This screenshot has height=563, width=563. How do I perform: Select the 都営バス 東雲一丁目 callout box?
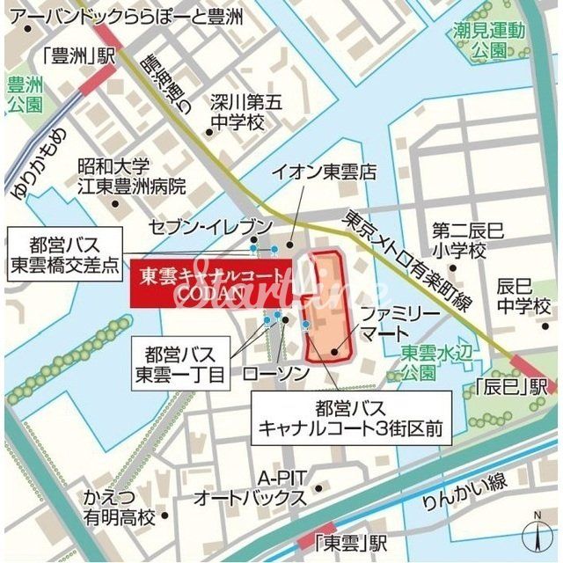pos(180,363)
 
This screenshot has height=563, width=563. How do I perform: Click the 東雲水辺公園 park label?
pos(418,362)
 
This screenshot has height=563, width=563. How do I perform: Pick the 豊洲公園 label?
pos(24,95)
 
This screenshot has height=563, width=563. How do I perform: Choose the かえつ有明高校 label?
pos(119,508)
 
